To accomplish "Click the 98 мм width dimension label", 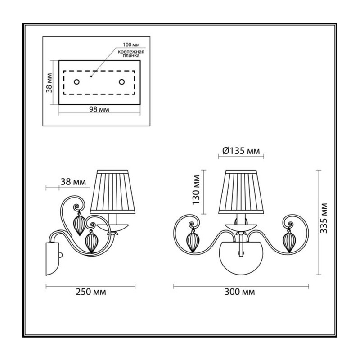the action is (x=99, y=109).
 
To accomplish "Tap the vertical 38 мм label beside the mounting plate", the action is (x=49, y=83).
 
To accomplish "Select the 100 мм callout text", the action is (x=131, y=45).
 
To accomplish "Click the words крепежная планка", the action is (x=131, y=54).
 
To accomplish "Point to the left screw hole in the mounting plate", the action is (x=76, y=82).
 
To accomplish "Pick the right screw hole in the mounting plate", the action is (x=121, y=82).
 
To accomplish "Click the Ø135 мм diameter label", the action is (x=241, y=151).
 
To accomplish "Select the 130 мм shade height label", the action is (x=196, y=190).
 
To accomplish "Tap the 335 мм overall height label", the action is (x=324, y=218).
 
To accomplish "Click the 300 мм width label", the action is (x=240, y=292).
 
